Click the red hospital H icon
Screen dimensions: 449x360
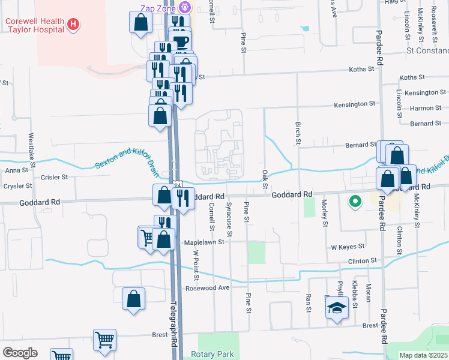(73, 24)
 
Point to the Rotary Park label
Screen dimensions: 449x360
(212, 354)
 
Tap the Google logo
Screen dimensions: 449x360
(20, 352)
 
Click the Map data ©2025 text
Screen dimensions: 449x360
(423, 355)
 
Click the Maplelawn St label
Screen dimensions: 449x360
(203, 242)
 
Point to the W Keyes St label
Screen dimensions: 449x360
(348, 247)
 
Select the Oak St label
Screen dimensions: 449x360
(265, 178)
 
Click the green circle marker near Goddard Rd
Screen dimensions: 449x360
(355, 202)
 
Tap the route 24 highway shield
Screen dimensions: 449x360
(178, 185)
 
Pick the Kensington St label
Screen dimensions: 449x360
(355, 104)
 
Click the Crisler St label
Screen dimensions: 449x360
(55, 177)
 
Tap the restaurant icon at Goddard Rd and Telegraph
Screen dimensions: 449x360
(183, 197)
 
